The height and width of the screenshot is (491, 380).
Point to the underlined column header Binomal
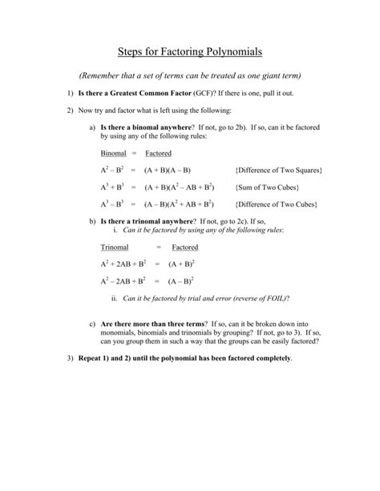[114, 153]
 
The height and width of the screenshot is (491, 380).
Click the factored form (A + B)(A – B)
[167, 171]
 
